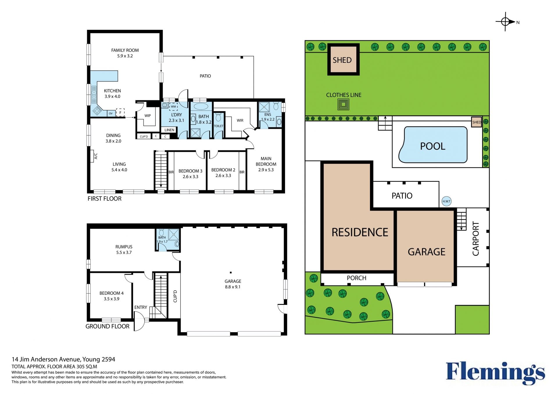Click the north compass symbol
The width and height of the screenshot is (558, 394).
[506, 22]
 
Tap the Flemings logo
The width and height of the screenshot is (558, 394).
[496, 373]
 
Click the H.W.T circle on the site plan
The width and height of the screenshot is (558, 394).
[446, 201]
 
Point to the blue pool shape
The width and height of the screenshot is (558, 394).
[433, 145]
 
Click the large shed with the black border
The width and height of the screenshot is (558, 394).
[344, 60]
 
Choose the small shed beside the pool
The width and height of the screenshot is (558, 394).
[477, 122]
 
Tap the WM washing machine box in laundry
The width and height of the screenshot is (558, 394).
[174, 107]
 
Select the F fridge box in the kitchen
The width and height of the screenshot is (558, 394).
[120, 112]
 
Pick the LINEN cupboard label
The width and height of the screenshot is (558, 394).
[169, 130]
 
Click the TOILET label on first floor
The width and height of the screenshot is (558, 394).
[219, 126]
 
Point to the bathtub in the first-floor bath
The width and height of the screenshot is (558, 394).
[201, 106]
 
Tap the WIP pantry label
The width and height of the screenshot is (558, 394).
[148, 116]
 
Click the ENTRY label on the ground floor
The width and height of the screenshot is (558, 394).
[141, 307]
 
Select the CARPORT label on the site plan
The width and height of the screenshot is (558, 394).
[476, 239]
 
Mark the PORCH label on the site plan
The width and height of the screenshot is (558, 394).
[357, 278]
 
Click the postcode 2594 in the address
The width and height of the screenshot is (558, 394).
[108, 359]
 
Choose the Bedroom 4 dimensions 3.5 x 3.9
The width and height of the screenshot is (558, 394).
[112, 299]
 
